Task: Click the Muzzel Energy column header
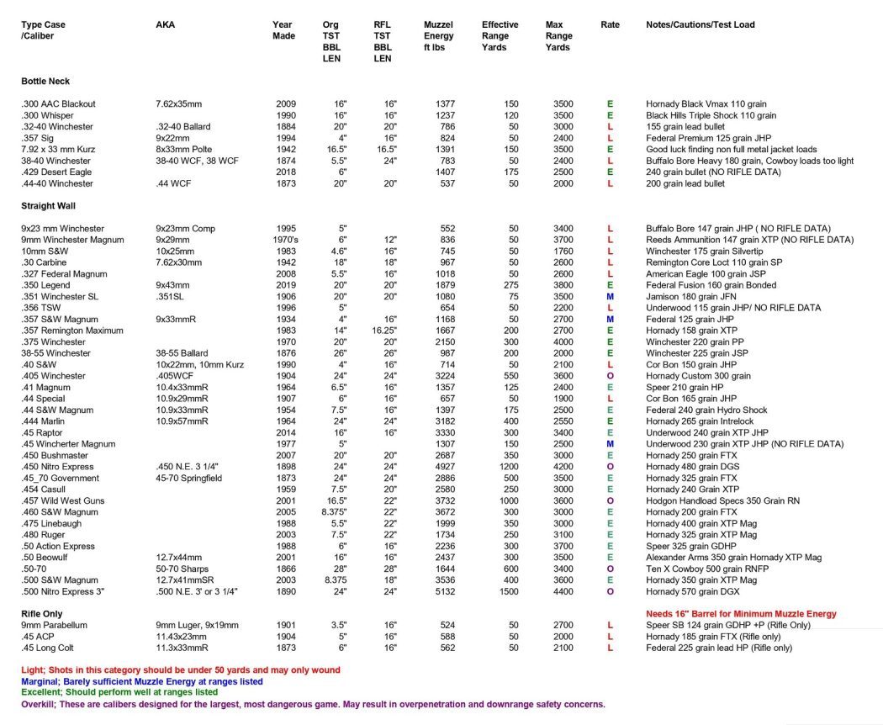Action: coord(438,36)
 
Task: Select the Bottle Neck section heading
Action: coord(45,82)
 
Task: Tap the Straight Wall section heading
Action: coord(49,206)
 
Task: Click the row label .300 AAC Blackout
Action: coord(58,104)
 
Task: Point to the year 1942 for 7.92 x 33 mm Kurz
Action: coord(286,150)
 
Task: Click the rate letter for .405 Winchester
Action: coord(610,376)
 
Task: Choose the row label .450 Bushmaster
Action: coord(55,455)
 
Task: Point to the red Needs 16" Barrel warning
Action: coord(741,614)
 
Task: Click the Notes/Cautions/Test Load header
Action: coord(700,25)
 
